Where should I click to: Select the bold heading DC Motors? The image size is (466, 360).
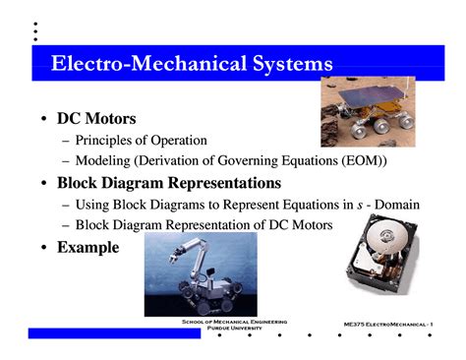click(96, 119)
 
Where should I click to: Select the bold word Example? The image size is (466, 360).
click(87, 247)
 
